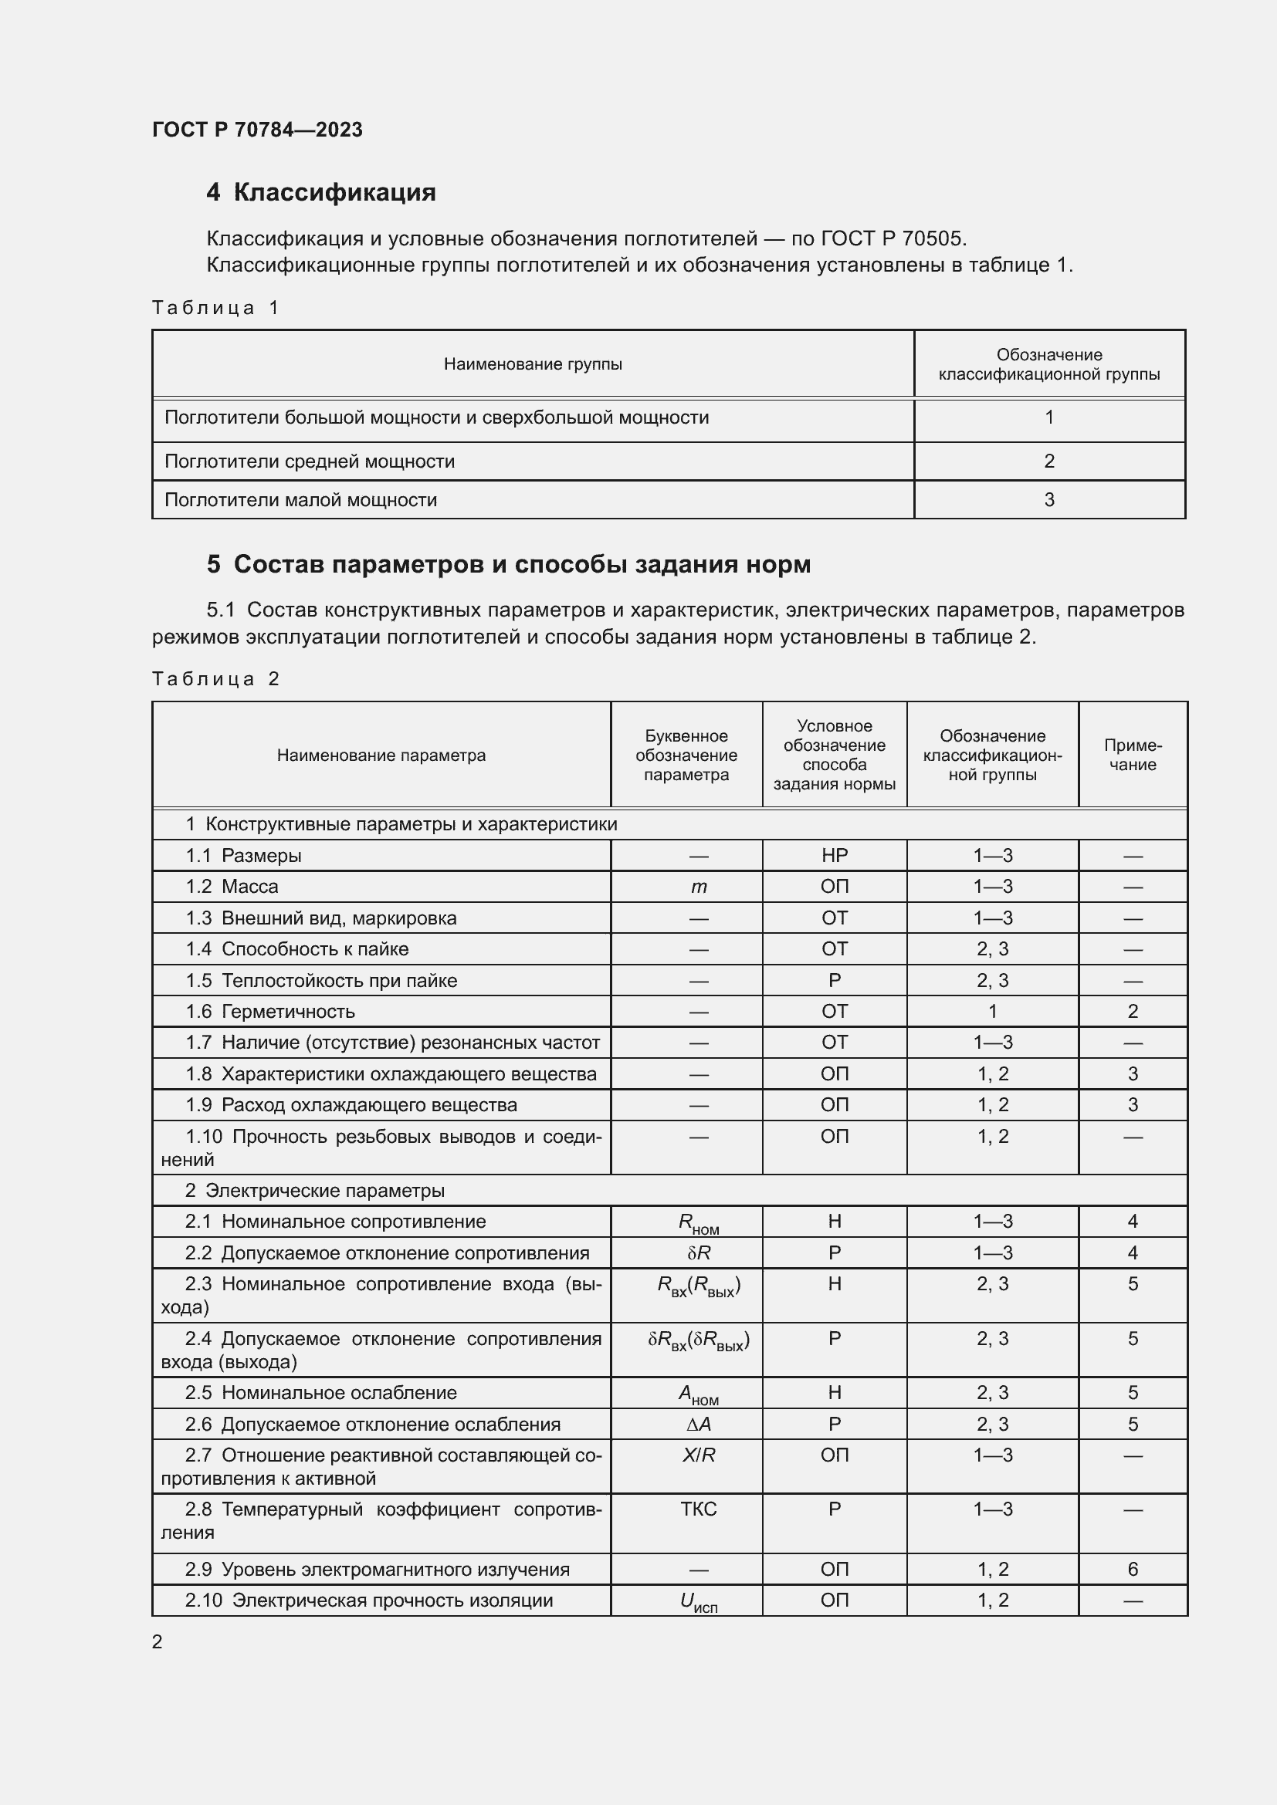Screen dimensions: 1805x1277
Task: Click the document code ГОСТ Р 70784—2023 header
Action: [257, 130]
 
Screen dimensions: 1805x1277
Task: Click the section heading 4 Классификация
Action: [321, 193]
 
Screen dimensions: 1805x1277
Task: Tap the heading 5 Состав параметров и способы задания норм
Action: [508, 564]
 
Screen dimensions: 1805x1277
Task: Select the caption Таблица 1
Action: [215, 307]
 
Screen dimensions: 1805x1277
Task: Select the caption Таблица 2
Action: [215, 679]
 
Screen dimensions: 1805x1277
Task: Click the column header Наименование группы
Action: [533, 364]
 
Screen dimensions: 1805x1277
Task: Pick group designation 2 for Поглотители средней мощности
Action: [1048, 461]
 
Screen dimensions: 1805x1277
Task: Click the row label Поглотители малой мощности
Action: [300, 500]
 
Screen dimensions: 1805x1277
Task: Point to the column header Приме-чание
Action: [1133, 755]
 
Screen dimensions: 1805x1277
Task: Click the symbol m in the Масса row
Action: [698, 887]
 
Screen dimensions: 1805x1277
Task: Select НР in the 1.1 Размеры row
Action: [835, 855]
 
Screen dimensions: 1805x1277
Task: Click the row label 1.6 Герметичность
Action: [270, 1012]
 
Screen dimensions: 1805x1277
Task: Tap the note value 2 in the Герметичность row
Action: [1133, 1012]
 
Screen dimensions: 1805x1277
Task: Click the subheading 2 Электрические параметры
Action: [314, 1190]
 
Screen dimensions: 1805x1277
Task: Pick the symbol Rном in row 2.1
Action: [698, 1223]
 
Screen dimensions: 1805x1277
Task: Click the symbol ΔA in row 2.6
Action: [698, 1425]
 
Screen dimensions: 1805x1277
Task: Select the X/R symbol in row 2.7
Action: [698, 1455]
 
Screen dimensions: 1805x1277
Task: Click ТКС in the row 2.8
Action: [698, 1509]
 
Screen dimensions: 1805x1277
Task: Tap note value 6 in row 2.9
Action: [1133, 1569]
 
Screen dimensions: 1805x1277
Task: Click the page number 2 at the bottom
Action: [158, 1641]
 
